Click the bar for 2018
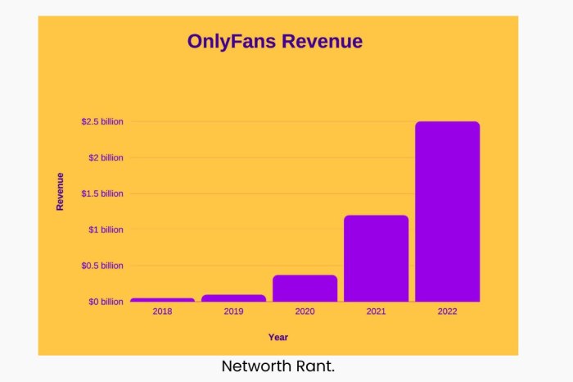(x=162, y=300)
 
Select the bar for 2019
(x=233, y=298)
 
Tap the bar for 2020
(x=305, y=289)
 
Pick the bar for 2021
(x=376, y=258)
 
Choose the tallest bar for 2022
(x=447, y=211)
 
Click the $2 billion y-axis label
(x=106, y=157)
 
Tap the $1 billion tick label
(x=106, y=230)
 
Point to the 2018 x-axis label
(x=162, y=312)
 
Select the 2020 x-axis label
(x=305, y=312)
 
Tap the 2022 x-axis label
(x=447, y=312)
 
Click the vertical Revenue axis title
(x=60, y=191)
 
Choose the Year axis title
(x=278, y=337)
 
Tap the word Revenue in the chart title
(x=322, y=42)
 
